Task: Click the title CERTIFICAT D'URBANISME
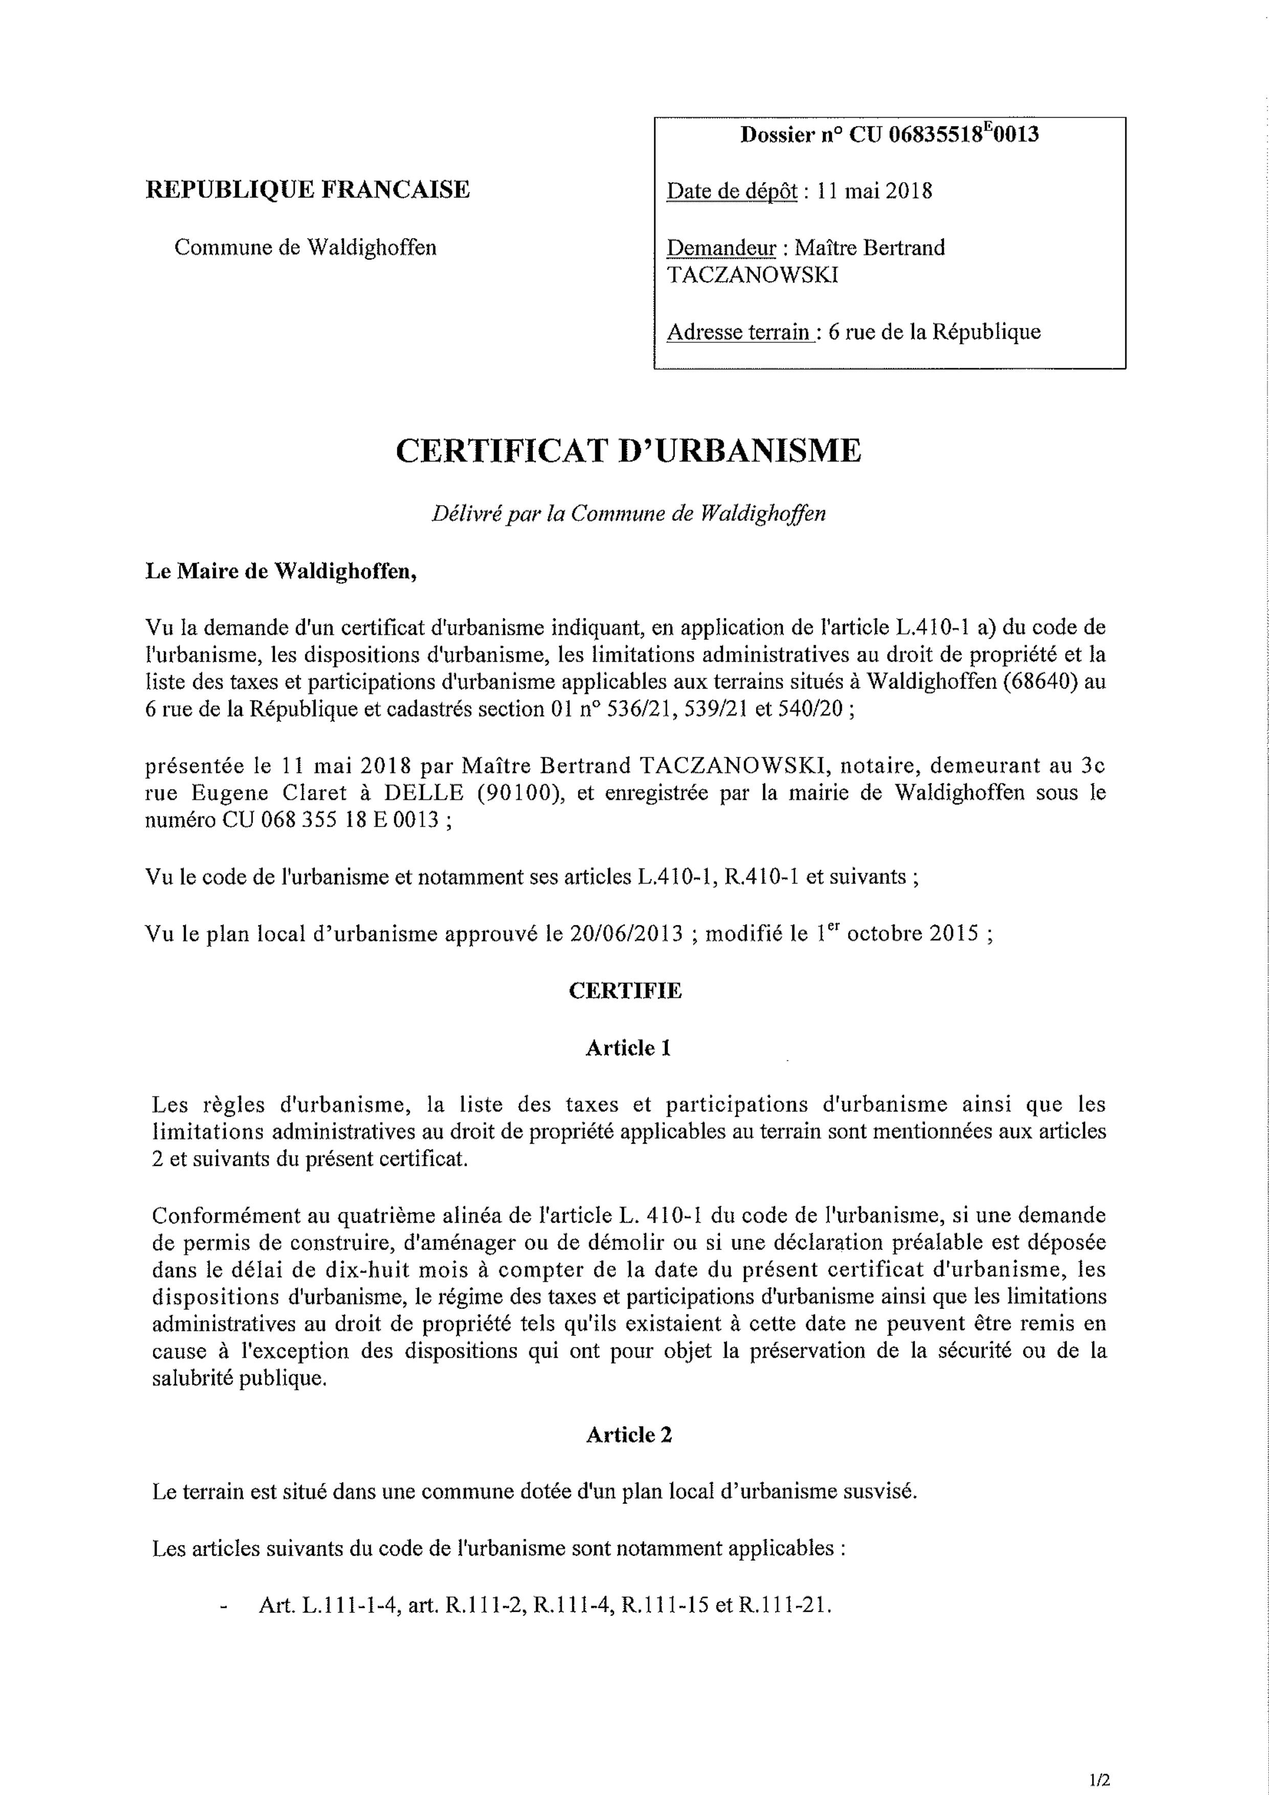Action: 628,452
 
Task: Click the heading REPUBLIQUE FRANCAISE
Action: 307,190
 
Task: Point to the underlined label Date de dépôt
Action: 731,191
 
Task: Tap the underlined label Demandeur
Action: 721,248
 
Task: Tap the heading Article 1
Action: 628,1048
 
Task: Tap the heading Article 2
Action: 629,1434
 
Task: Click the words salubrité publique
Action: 238,1378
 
